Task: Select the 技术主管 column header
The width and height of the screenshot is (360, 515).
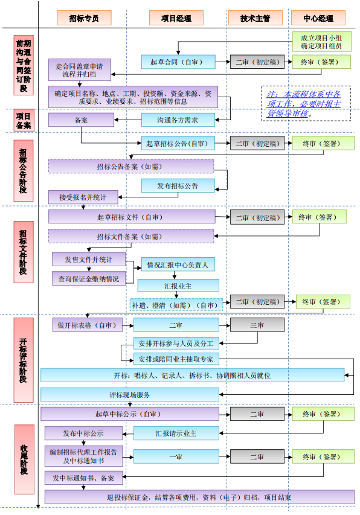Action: coord(254,18)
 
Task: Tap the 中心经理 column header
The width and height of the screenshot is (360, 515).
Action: coord(318,18)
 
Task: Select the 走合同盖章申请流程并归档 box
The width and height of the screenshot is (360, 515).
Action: coord(79,71)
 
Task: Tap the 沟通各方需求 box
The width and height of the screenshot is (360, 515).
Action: coord(177,120)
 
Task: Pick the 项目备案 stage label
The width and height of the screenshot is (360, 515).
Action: coord(24,120)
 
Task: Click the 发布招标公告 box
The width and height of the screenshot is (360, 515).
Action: coord(178,185)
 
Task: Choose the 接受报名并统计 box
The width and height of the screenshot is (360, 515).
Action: coord(83,197)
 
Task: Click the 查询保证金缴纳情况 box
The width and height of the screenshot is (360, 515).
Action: coord(88,278)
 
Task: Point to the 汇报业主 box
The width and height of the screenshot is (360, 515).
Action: coord(178,285)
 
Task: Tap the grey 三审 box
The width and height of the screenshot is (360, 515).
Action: coord(257,325)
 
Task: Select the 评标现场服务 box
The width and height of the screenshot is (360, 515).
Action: coord(130,394)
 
